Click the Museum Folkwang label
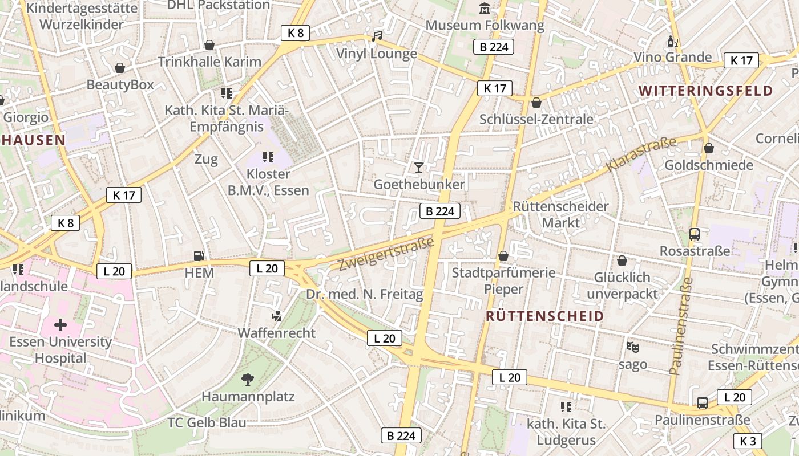(x=485, y=26)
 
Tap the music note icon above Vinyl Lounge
(x=376, y=36)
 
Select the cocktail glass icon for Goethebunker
(x=419, y=167)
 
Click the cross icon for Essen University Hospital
(x=60, y=325)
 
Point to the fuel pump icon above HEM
(x=199, y=256)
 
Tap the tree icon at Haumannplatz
(x=248, y=379)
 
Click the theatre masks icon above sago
(x=632, y=347)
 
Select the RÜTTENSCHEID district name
(x=544, y=316)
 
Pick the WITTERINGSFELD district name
(x=705, y=91)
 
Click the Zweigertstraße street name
(x=386, y=255)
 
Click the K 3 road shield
(x=747, y=441)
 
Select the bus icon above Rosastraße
(x=695, y=234)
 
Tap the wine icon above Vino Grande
(x=673, y=42)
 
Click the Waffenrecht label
(x=276, y=333)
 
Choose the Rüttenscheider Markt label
(x=560, y=214)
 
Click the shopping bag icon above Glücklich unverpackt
(x=622, y=260)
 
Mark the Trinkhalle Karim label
(x=209, y=62)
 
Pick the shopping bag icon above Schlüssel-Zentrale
(x=536, y=103)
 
